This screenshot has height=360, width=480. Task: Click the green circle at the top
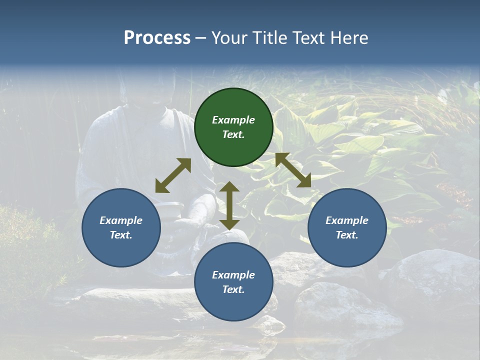(x=233, y=127)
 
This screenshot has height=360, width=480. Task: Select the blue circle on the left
(x=121, y=227)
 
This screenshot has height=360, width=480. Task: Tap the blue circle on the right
(x=347, y=227)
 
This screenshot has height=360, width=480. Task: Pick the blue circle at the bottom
(x=233, y=282)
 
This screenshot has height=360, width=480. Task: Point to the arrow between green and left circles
(x=173, y=175)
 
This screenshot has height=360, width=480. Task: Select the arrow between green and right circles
(x=293, y=170)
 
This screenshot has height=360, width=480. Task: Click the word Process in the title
(x=157, y=38)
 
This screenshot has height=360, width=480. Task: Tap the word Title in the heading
(x=270, y=38)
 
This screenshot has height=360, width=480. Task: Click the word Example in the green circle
(x=233, y=120)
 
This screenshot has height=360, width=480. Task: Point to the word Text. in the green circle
(x=233, y=134)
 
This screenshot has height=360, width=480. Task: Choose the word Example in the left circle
(x=121, y=220)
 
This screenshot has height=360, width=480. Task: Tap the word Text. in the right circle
(x=347, y=235)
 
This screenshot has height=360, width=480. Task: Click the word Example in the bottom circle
(x=233, y=275)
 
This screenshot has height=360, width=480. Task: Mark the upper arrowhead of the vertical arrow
(x=229, y=187)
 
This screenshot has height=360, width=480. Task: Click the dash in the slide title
(x=201, y=38)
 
